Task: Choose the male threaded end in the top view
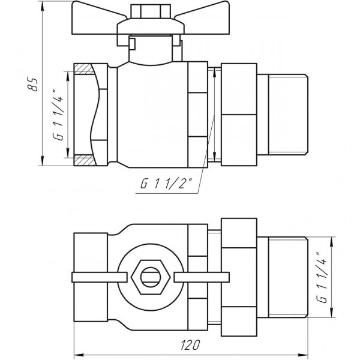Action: (x=286, y=277)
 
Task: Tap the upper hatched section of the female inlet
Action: (x=84, y=68)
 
